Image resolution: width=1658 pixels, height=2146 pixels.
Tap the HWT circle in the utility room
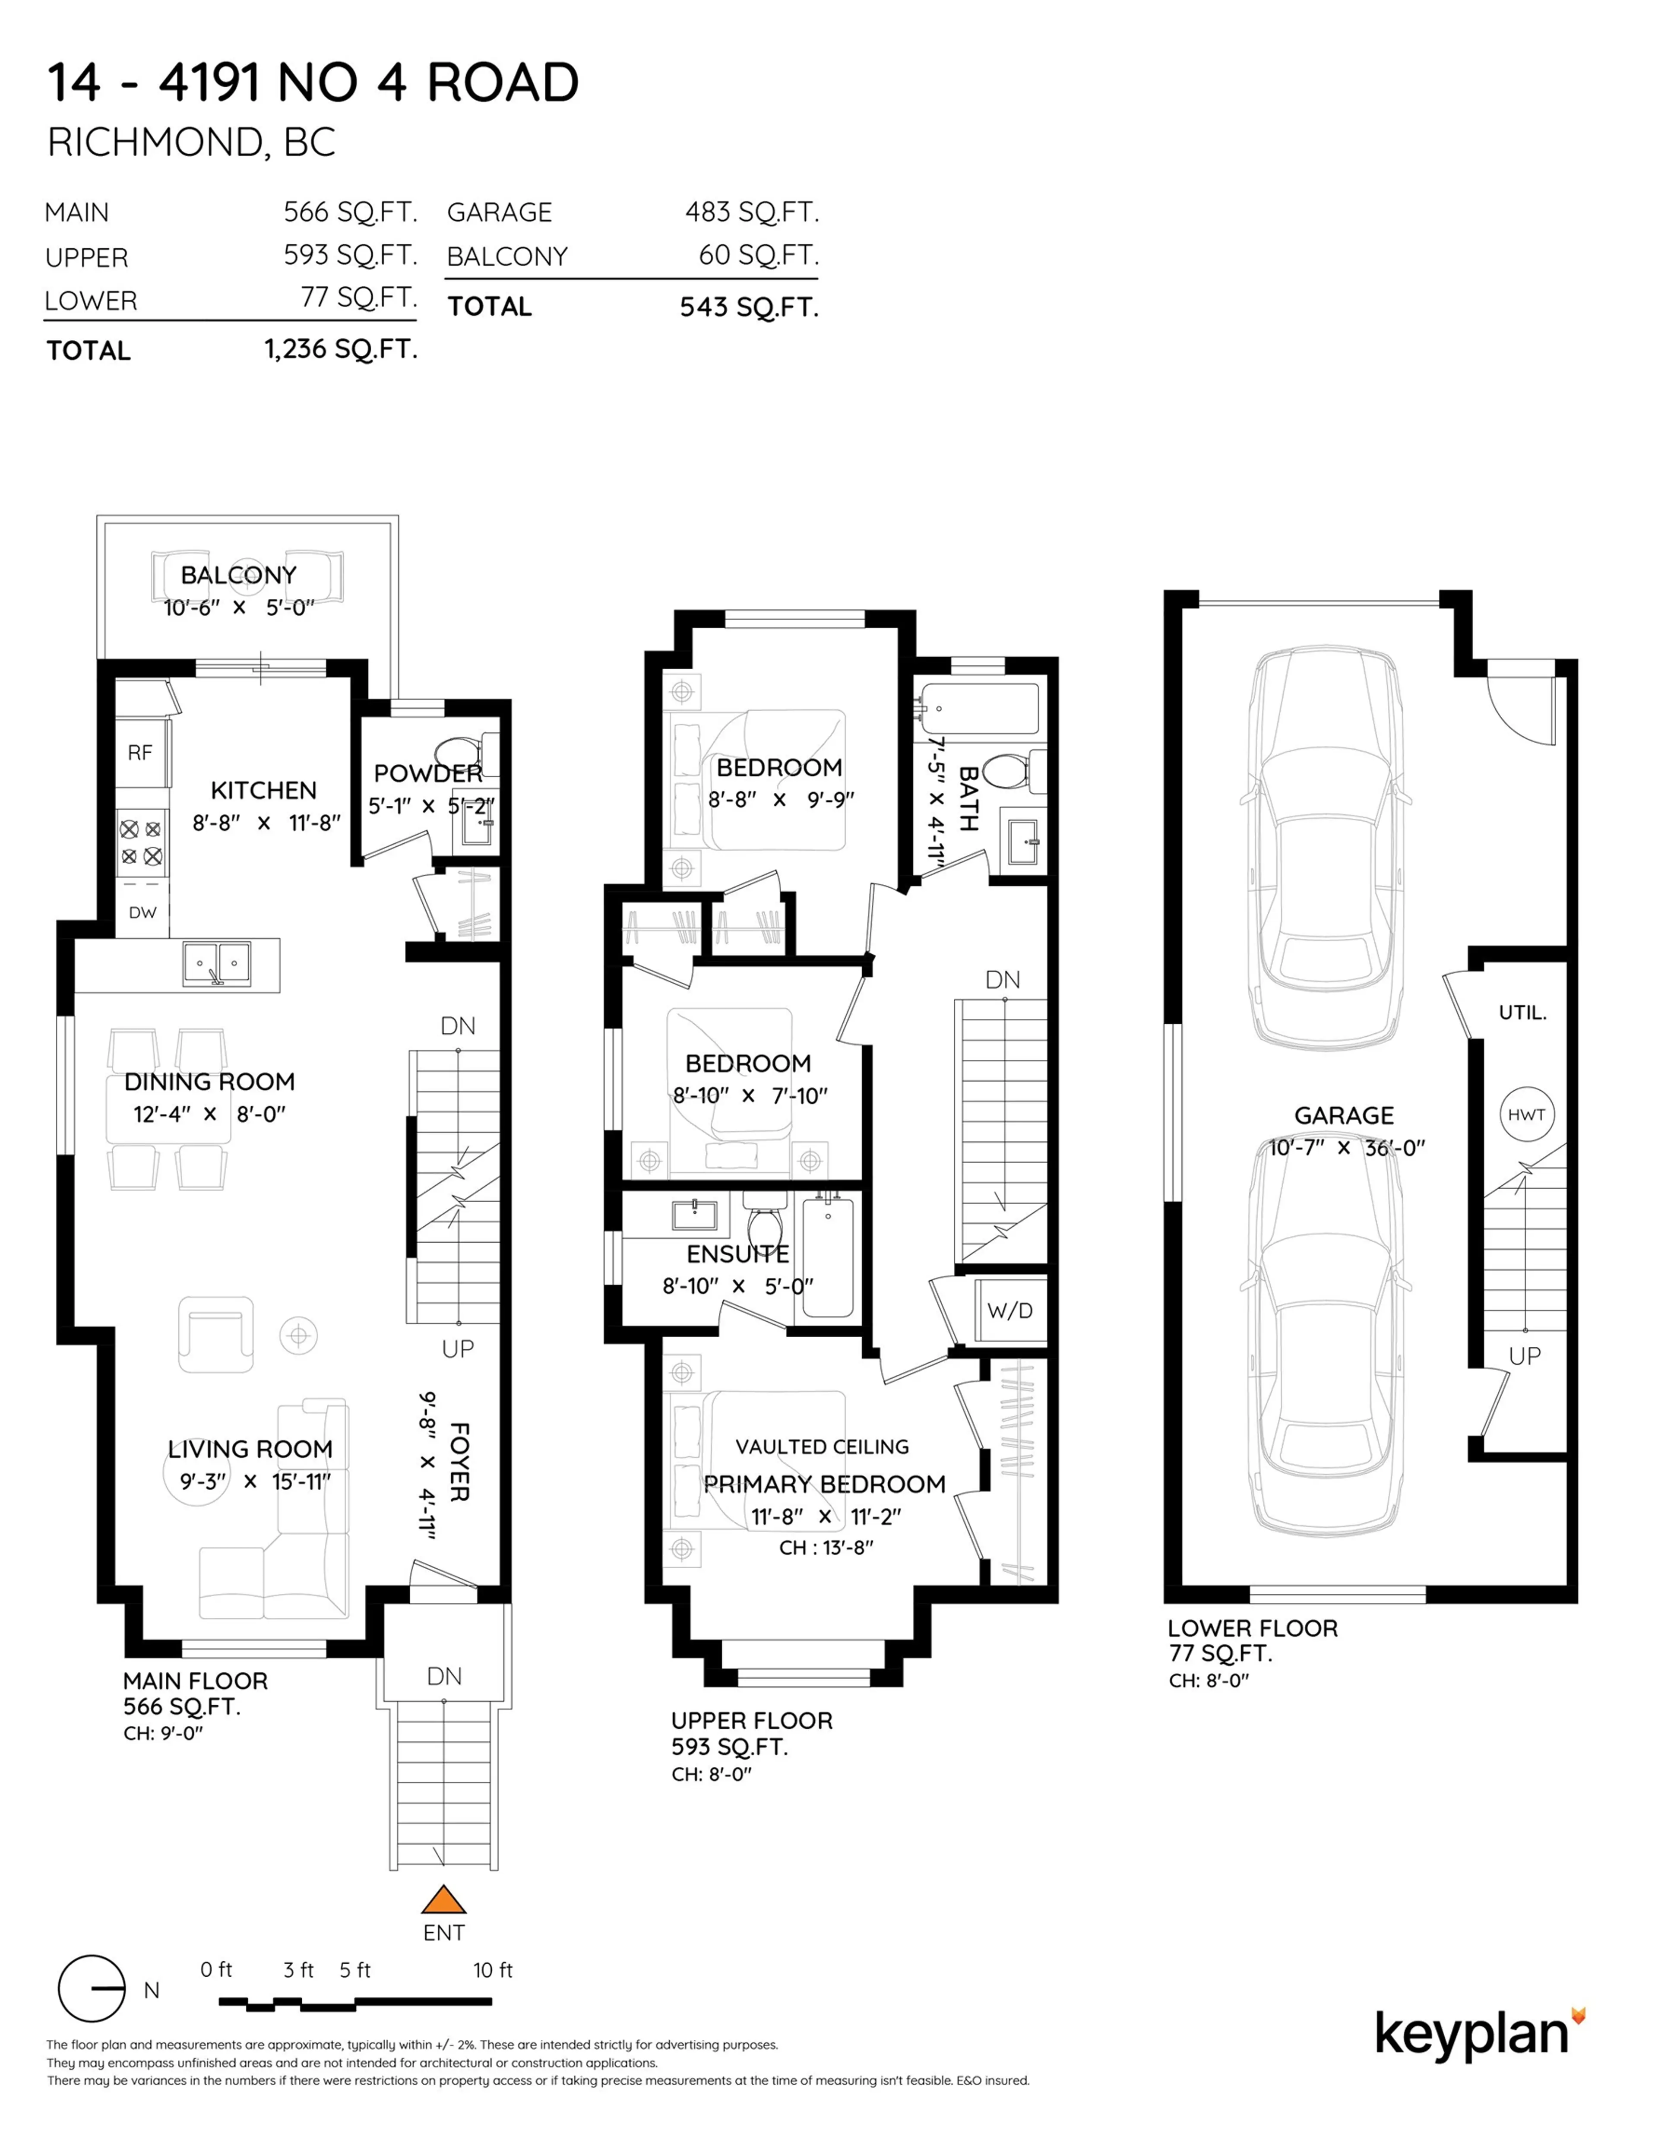tap(1526, 1114)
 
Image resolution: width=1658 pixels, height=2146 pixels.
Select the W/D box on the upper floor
tap(1009, 1310)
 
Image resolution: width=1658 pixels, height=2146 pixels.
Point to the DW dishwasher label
tap(142, 912)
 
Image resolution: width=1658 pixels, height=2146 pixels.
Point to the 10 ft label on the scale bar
tap(492, 1969)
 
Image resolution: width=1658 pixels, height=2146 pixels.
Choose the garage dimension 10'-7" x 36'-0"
tap(1346, 1147)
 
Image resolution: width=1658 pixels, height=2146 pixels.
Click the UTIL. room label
tap(1522, 1012)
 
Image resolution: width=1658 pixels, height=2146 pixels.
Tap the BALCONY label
tap(238, 575)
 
